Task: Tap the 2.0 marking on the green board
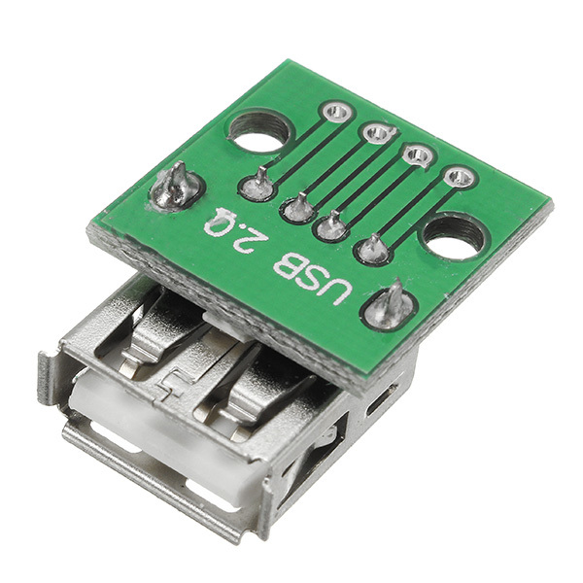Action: click(x=225, y=231)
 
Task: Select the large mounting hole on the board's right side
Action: click(x=453, y=237)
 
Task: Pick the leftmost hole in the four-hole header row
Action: click(x=336, y=112)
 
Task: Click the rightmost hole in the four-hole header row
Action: click(x=459, y=177)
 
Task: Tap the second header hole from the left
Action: click(x=377, y=133)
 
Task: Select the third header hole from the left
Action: click(x=418, y=154)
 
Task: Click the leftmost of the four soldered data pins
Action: click(x=259, y=185)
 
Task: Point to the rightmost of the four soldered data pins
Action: click(x=373, y=250)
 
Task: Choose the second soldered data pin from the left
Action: click(x=298, y=207)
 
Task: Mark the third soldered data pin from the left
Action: click(x=333, y=227)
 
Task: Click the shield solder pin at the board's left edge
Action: click(x=176, y=188)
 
